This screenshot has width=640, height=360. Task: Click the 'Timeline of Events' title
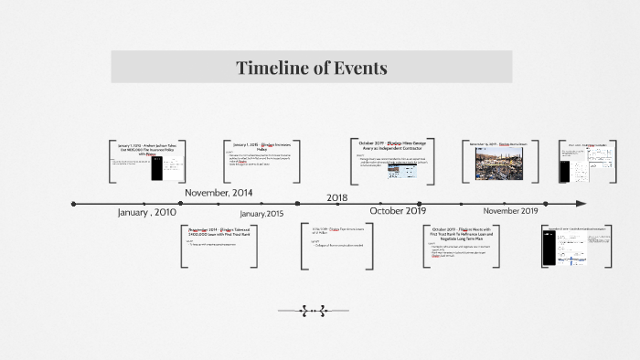312,68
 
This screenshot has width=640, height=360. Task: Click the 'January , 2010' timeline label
146,212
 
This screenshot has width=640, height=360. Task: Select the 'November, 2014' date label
219,193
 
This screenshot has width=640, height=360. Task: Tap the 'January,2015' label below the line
261,213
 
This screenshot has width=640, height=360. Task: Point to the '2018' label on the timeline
337,197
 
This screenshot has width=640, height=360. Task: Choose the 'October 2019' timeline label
398,211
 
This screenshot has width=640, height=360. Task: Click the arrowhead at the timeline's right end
580,204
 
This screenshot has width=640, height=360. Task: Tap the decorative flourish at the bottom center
312,311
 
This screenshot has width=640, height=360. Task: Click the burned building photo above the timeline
499,164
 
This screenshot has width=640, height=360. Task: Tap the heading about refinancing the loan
462,234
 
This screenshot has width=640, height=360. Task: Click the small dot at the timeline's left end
74,204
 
